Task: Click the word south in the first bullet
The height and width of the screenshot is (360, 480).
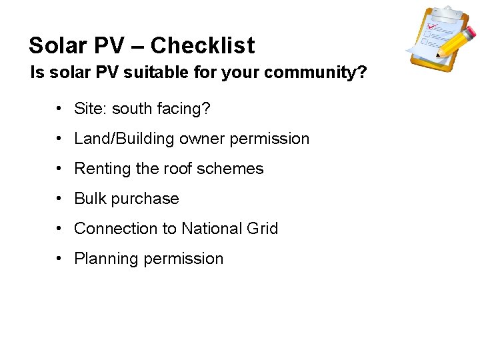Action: (x=133, y=109)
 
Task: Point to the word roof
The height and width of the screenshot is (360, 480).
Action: (x=173, y=169)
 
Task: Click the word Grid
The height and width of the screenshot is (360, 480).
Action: (x=262, y=229)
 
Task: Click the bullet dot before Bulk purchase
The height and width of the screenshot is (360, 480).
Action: (x=60, y=199)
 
